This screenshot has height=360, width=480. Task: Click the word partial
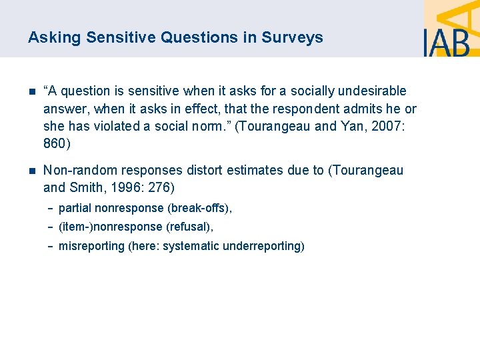pos(75,209)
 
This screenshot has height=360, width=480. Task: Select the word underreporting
pos(261,246)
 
